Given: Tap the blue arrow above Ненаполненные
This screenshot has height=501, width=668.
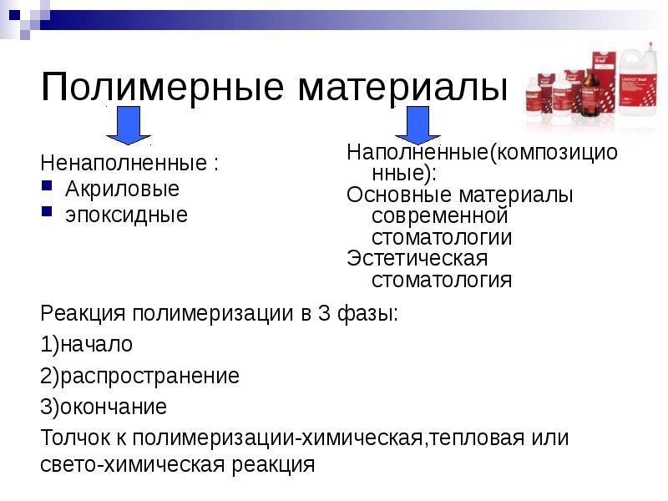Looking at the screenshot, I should (x=127, y=128).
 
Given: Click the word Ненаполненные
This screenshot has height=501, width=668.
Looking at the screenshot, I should (x=123, y=163).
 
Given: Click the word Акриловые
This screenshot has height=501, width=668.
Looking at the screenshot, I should (x=123, y=189).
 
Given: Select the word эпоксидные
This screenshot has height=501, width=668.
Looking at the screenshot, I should (x=127, y=215).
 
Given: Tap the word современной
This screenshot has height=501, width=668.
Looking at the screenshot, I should (x=440, y=216).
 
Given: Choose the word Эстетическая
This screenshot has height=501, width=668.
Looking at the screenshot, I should (x=417, y=259).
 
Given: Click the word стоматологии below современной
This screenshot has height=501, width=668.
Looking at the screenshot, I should (x=442, y=238).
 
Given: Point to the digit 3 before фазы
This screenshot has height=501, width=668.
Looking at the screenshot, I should (x=324, y=315).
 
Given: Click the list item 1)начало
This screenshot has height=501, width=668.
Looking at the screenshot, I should (x=87, y=345).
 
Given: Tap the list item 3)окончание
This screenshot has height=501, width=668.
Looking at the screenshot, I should (x=104, y=407).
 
